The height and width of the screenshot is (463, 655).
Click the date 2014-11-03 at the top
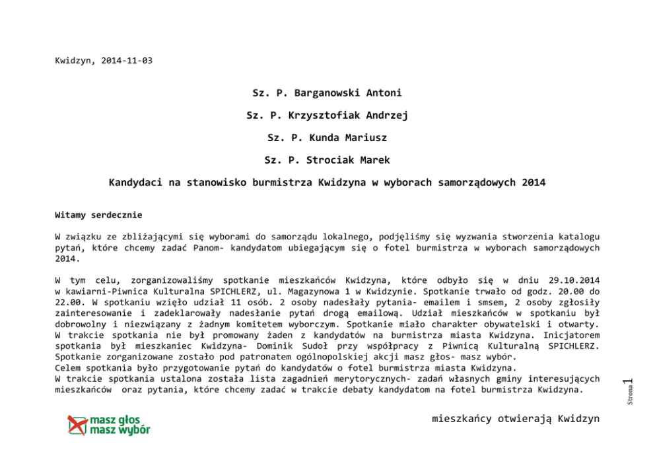[x=127, y=61]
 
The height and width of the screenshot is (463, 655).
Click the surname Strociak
[x=332, y=160]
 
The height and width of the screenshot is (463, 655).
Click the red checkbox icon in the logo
[x=78, y=425]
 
